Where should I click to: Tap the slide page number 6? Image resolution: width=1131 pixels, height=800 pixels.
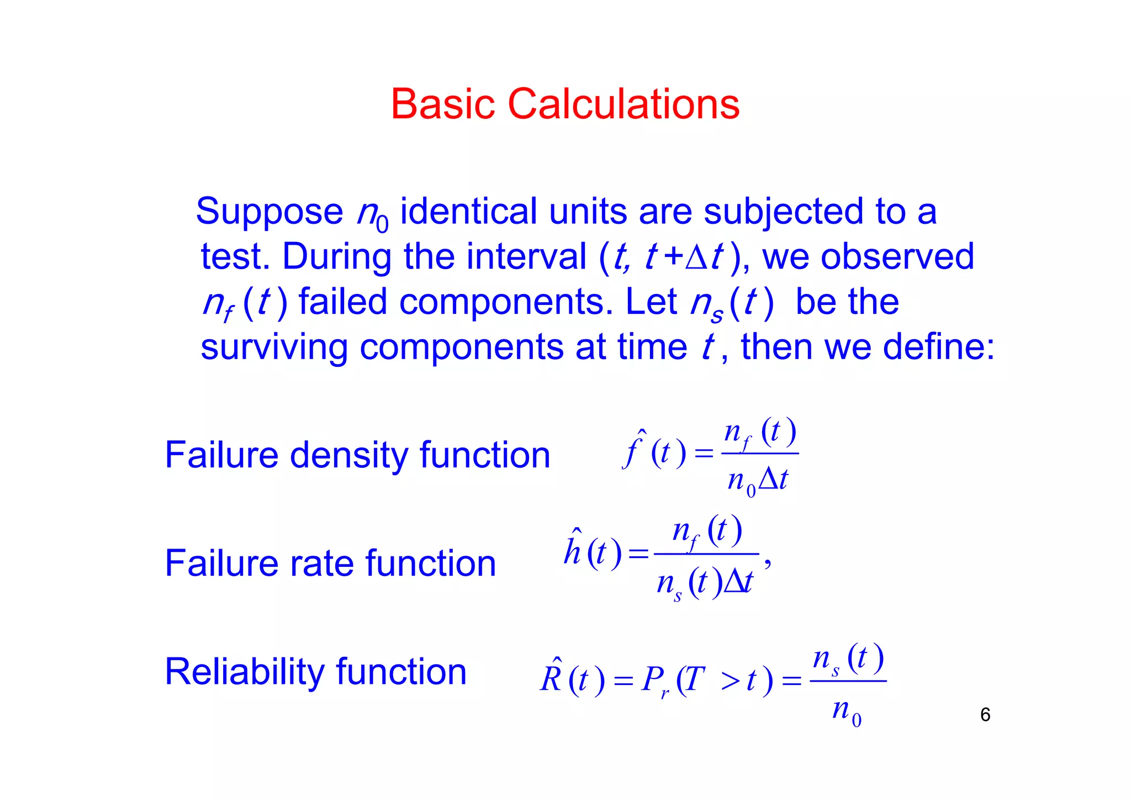point(985,715)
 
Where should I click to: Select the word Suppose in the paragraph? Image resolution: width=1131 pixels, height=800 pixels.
point(269,212)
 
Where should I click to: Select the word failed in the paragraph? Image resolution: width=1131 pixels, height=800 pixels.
point(342,302)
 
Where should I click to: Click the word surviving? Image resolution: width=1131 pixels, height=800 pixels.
point(274,348)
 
